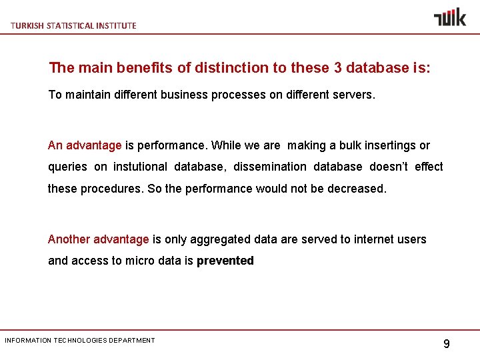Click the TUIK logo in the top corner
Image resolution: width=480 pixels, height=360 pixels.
[450, 17]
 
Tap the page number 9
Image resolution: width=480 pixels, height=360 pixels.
[447, 344]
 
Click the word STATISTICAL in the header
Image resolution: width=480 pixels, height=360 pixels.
[69, 25]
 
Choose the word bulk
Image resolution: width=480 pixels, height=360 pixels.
[352, 145]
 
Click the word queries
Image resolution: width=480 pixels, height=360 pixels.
[67, 167]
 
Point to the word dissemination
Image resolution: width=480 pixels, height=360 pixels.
[270, 167]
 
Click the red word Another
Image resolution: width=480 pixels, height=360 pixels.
[69, 239]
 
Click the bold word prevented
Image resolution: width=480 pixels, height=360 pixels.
[225, 261]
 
